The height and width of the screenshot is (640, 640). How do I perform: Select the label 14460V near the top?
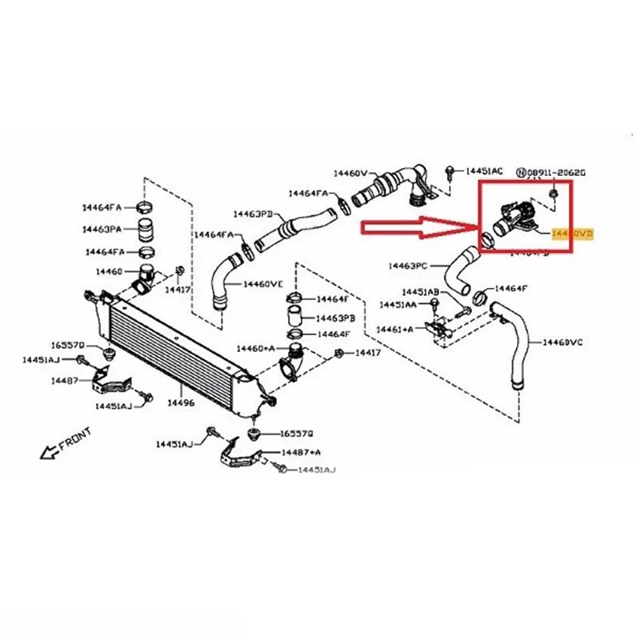point(350,172)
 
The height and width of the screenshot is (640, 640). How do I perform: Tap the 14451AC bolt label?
point(485,171)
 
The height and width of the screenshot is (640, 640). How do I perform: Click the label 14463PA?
point(102,229)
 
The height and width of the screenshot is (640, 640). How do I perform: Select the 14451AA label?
point(398,305)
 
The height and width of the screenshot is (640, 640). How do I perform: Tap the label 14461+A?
point(395,328)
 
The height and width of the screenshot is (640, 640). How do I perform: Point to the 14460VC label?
point(563,342)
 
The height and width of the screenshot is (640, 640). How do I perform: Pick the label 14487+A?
point(299,452)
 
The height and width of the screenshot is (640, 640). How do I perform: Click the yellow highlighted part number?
point(574,233)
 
